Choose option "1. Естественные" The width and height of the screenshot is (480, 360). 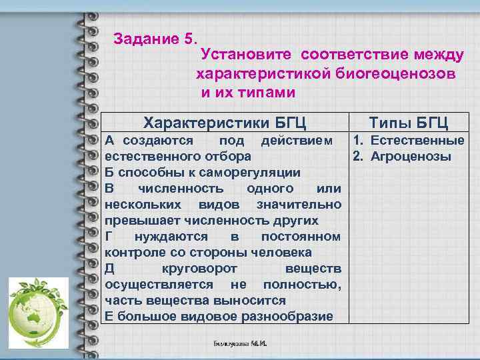click(409, 141)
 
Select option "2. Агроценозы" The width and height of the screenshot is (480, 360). click(402, 157)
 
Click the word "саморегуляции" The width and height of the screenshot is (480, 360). click(257, 173)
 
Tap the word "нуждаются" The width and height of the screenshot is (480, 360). click(170, 237)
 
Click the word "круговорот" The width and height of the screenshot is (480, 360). click(196, 269)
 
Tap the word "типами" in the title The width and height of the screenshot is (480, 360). click(271, 91)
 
